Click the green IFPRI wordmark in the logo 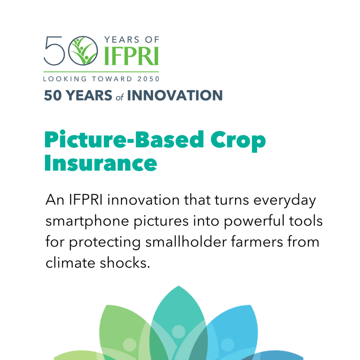[x=131, y=56]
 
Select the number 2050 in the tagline [x=148, y=79]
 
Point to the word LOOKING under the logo [x=65, y=79]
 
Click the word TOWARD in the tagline [x=112, y=79]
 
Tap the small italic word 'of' [x=120, y=97]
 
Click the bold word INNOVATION [x=175, y=95]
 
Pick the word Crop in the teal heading [x=238, y=141]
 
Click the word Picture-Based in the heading [x=124, y=139]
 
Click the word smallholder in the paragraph [x=186, y=242]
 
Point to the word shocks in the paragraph [x=125, y=263]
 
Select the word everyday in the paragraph [x=285, y=201]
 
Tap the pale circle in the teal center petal [x=179, y=332]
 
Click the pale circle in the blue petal [x=227, y=345]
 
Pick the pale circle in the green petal [x=130, y=345]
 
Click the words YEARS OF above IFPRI [x=131, y=40]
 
